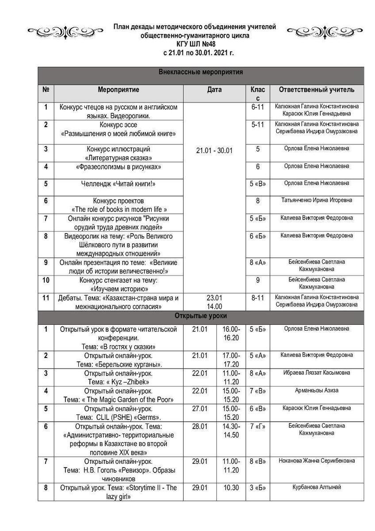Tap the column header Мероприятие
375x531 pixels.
coord(119,90)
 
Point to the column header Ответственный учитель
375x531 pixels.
coord(317,90)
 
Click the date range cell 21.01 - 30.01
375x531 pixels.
coord(214,151)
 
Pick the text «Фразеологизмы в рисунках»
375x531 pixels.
coord(119,167)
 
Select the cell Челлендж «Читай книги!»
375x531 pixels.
coord(119,184)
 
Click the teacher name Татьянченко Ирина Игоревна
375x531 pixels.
coord(317,200)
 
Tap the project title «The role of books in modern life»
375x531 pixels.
coord(119,209)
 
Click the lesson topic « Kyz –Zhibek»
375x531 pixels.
coord(119,381)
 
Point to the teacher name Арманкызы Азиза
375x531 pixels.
coord(317,390)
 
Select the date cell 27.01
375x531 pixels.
coord(200,408)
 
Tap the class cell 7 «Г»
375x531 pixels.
coord(258,426)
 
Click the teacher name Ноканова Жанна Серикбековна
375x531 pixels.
coord(317,461)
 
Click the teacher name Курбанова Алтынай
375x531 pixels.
coord(317,487)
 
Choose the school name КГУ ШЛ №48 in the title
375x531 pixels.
coord(195,44)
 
